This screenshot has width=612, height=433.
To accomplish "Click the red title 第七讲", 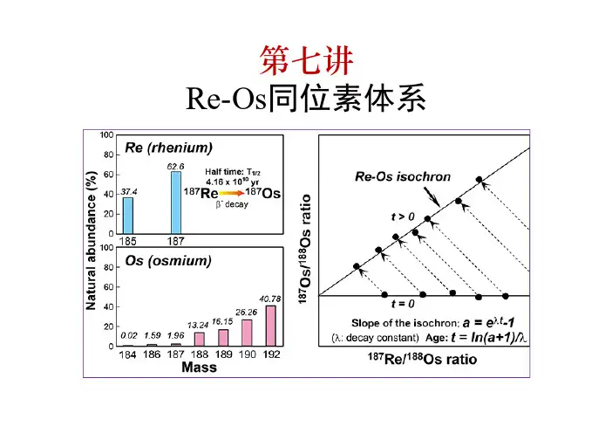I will (305, 60).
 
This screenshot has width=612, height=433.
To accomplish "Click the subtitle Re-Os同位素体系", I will (305, 100).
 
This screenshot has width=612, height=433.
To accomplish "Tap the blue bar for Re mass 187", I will (176, 202).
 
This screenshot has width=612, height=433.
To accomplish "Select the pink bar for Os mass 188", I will (199, 339).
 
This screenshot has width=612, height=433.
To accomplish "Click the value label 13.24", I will (199, 326).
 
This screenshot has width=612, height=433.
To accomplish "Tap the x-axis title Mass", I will (199, 368).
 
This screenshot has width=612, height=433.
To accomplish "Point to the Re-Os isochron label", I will (403, 176).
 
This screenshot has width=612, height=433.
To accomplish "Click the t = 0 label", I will (403, 304).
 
